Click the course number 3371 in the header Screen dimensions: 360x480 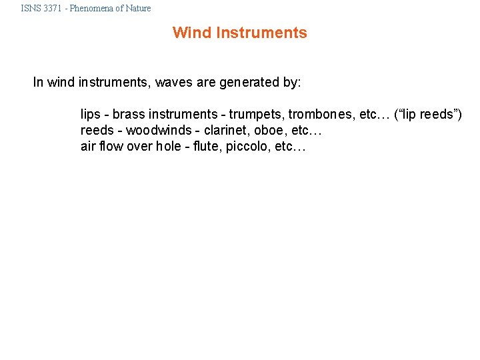tap(54, 9)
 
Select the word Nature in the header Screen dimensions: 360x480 tap(138, 9)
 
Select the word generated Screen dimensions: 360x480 tap(253, 83)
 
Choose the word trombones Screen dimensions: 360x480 tap(319, 115)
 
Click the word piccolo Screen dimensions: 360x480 tap(248, 147)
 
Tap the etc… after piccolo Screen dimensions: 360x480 tap(290, 147)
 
